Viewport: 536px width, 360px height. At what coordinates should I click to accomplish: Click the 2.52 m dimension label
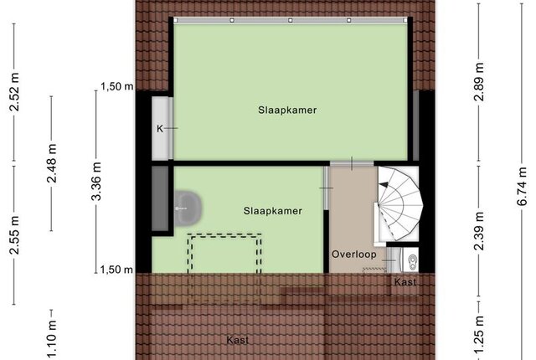click(x=15, y=92)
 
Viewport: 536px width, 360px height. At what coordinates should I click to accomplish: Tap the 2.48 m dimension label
click(x=52, y=163)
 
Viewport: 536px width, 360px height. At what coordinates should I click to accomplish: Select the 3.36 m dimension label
click(x=97, y=181)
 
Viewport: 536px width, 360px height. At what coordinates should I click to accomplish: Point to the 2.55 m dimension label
click(x=15, y=235)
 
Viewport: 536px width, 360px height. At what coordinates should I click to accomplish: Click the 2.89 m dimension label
click(x=479, y=82)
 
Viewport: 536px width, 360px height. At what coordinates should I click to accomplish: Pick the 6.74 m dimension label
click(x=522, y=186)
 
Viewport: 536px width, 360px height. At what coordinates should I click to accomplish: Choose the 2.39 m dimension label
click(x=479, y=231)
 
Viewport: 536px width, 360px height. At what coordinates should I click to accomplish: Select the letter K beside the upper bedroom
click(x=160, y=129)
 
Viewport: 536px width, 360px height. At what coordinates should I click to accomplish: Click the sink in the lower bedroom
click(x=188, y=208)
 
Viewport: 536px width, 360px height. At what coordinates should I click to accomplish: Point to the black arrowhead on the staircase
click(x=384, y=185)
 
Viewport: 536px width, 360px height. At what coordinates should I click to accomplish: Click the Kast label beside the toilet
click(x=405, y=282)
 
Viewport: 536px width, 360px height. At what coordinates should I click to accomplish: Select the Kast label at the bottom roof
click(x=238, y=340)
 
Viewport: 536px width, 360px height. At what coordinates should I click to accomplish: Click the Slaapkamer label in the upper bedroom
click(x=287, y=110)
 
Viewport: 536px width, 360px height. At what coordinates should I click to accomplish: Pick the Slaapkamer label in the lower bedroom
click(x=273, y=211)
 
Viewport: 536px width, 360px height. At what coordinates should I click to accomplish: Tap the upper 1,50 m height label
click(x=117, y=87)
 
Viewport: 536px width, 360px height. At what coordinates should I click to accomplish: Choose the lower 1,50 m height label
click(x=116, y=270)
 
